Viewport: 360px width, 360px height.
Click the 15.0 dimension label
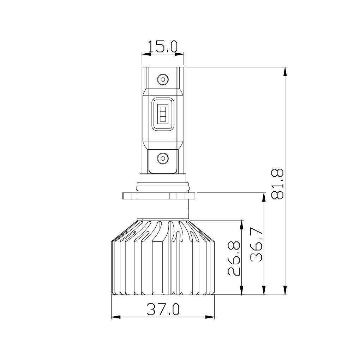pos(163,47)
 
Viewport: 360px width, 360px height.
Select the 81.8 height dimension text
pos(278,184)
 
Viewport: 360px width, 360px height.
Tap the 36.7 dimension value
pos(257,244)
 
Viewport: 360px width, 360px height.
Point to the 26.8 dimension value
pos(234,258)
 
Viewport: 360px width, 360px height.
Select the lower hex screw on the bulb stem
pos(162,158)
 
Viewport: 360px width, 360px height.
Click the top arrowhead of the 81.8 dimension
pos(286,71)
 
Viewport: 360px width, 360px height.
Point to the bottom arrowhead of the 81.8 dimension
pos(286,290)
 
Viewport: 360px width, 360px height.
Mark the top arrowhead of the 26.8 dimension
pos(242,224)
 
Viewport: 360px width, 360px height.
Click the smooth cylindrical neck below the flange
pos(162,210)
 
